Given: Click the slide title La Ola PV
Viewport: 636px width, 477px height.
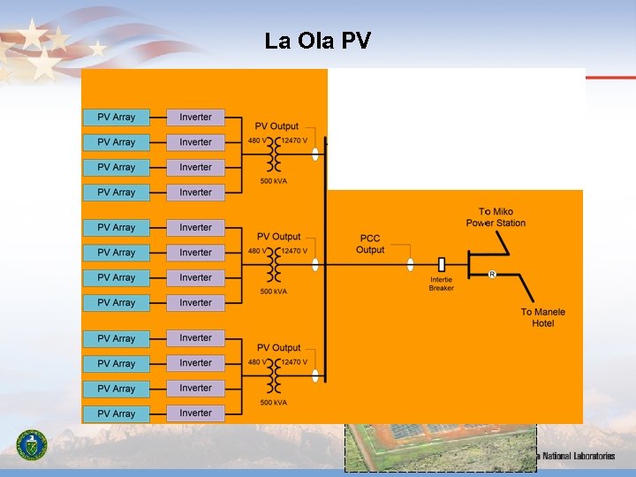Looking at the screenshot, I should (318, 41).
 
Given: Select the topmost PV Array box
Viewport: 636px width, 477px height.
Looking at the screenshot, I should (116, 117).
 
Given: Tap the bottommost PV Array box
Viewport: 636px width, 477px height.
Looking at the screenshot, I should (116, 413).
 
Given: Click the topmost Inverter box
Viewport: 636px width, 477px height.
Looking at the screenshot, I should (195, 117).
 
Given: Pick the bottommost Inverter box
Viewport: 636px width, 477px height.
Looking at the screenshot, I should (195, 413).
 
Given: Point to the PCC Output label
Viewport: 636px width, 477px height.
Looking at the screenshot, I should (370, 245).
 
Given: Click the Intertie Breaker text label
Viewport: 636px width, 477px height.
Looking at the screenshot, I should (442, 284).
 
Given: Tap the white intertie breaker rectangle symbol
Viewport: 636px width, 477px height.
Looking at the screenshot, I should (442, 263).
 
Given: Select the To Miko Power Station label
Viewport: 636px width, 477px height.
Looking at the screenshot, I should (496, 217).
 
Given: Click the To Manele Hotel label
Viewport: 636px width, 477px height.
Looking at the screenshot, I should (542, 317).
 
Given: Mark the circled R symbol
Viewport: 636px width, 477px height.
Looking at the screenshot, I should (492, 275).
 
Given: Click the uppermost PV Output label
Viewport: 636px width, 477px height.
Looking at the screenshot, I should (277, 126).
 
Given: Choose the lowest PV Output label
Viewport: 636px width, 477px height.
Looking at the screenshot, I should (279, 348).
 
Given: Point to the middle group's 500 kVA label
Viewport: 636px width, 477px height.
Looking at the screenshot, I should (273, 291).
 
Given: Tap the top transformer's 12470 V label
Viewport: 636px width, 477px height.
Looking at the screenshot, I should (295, 140).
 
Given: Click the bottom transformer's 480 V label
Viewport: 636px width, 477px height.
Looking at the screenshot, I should (255, 362).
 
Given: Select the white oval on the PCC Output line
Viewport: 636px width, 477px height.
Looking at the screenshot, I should (410, 264).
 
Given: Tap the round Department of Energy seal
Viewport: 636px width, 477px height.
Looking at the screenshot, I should (33, 444).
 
